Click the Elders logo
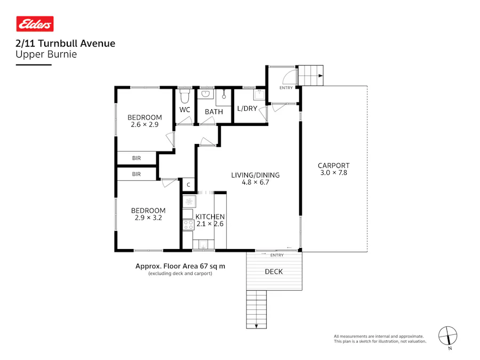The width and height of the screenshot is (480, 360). [35, 24]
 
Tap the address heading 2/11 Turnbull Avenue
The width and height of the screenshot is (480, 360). [65, 44]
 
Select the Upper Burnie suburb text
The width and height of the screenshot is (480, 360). [46, 54]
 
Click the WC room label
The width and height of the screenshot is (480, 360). [185, 110]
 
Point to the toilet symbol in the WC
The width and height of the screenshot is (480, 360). [185, 97]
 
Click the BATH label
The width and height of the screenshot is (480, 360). [214, 112]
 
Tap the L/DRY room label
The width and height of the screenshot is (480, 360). [247, 109]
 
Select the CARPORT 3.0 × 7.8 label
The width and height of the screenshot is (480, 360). [333, 169]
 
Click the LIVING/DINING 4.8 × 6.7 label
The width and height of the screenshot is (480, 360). [255, 179]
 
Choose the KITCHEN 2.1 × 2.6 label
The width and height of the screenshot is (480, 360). [210, 220]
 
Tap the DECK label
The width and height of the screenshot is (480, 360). [274, 272]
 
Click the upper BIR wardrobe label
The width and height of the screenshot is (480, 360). [137, 158]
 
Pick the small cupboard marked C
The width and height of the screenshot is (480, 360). [188, 185]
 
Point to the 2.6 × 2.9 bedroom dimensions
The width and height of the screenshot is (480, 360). [145, 125]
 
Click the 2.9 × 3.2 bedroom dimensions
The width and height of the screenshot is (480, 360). [148, 218]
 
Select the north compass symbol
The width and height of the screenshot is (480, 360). [448, 336]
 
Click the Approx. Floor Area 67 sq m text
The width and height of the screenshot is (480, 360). [180, 266]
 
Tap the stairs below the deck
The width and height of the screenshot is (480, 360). [257, 309]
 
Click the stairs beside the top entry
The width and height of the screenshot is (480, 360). [310, 75]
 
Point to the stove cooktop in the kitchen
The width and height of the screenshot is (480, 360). [188, 225]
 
